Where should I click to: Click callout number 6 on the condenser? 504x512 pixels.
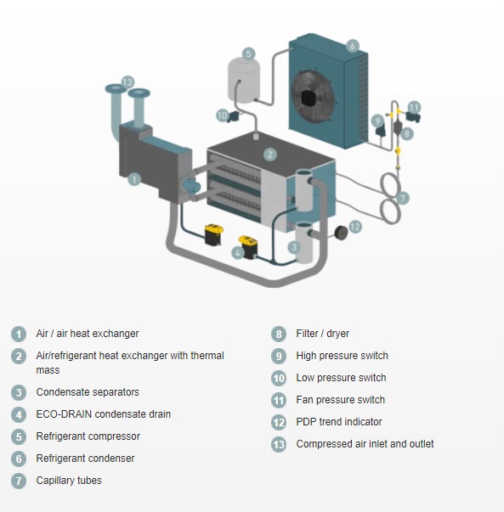352,46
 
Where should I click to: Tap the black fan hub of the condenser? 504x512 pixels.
309,98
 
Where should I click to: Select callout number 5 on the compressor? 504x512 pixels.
249,53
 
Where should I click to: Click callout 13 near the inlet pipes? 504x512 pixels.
127,82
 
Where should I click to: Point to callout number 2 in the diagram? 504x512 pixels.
270,155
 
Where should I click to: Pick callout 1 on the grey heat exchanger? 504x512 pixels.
134,179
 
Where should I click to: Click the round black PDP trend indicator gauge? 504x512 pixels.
341,232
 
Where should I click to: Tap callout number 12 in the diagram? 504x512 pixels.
355,227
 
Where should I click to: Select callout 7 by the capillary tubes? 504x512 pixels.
403,198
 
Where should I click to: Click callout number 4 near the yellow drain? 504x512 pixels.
238,253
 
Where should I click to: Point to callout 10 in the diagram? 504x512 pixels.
223,115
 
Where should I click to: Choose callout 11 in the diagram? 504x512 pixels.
414,108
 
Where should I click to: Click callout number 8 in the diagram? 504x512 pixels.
407,133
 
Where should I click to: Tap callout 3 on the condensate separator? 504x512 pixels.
294,247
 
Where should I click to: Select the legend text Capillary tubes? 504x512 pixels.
69,481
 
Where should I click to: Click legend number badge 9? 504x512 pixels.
279,357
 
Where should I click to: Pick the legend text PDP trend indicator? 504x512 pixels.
339,421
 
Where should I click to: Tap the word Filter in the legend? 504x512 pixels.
307,334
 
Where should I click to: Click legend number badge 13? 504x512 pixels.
279,444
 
